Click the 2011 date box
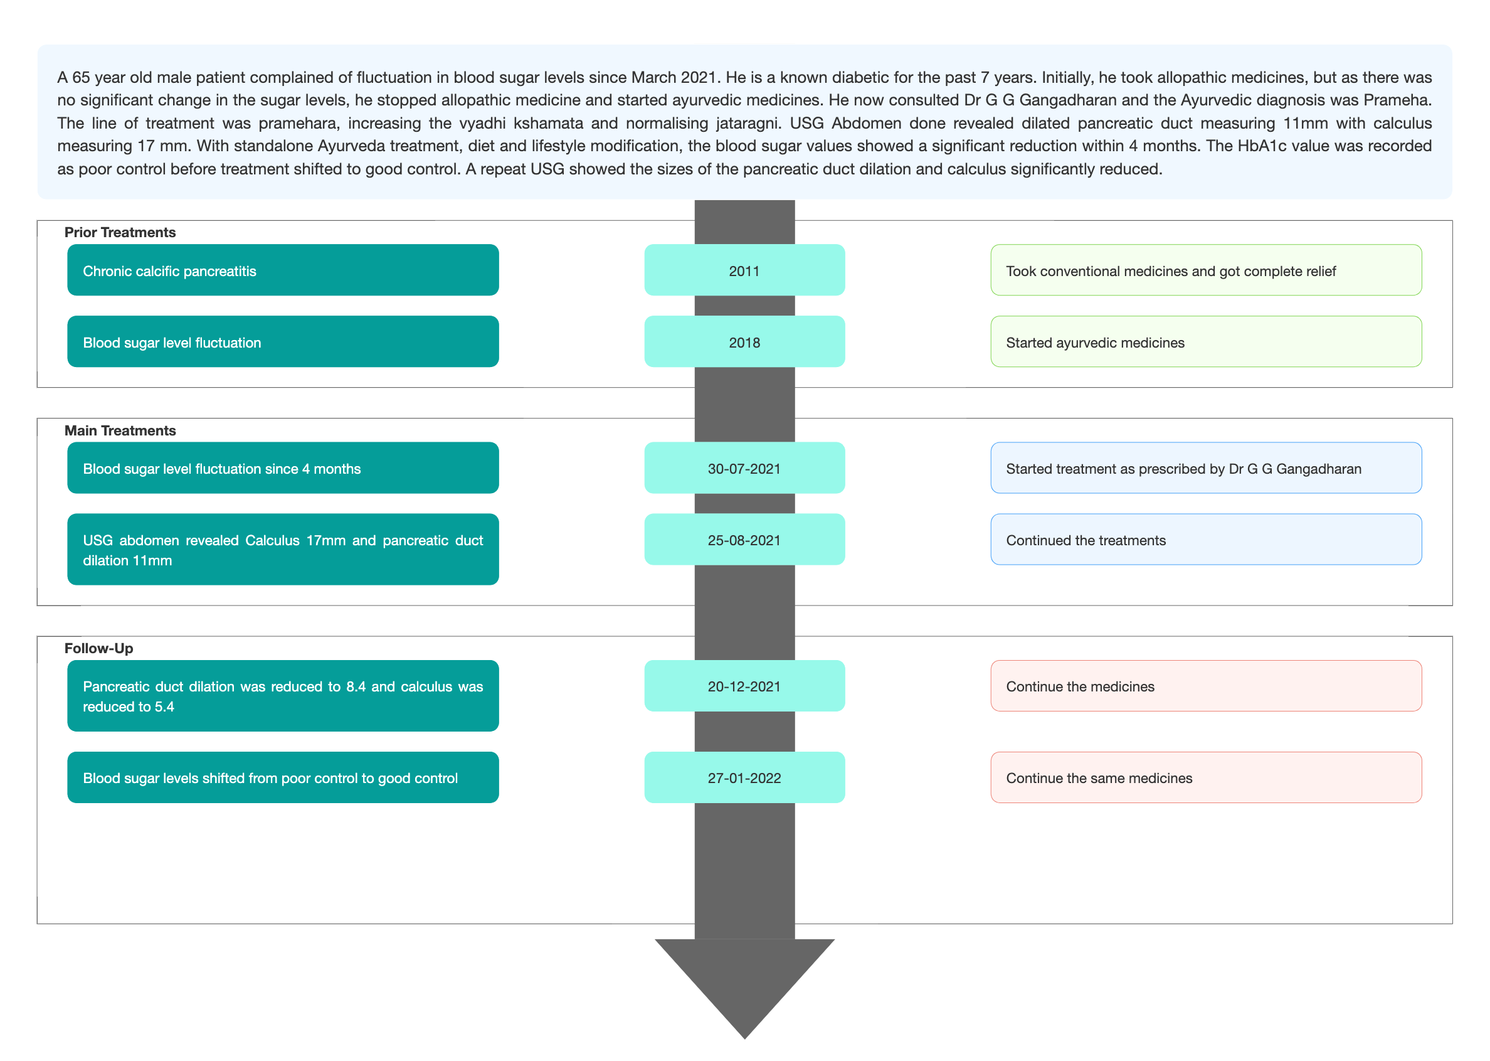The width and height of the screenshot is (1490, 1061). click(744, 270)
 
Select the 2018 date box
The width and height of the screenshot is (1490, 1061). click(744, 342)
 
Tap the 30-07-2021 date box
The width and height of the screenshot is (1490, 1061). click(744, 468)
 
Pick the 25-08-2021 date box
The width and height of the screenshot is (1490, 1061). click(744, 540)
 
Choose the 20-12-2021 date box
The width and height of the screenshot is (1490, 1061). click(744, 686)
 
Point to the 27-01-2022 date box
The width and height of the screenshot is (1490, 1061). click(744, 777)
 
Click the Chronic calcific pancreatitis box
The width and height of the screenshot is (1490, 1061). click(283, 270)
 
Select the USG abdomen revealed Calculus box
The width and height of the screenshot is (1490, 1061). click(283, 550)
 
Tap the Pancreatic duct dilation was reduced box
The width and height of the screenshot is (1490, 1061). click(283, 696)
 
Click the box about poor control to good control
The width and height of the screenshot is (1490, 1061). click(283, 777)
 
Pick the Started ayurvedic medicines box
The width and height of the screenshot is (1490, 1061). click(1206, 342)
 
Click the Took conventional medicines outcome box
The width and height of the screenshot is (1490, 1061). click(1206, 270)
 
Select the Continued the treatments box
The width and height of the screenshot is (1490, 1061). click(1206, 540)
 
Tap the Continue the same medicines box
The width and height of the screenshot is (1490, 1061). click(1206, 777)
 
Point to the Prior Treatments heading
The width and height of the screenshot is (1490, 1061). click(120, 233)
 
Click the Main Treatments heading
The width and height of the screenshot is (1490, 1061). click(120, 430)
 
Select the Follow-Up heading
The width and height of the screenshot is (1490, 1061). click(98, 648)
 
